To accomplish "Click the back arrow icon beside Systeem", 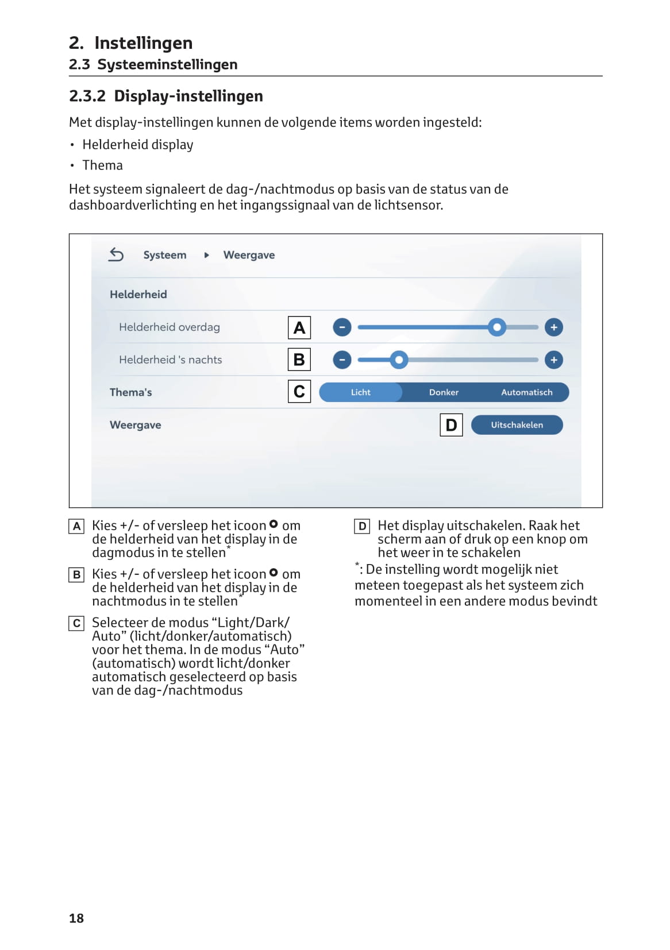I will [x=116, y=254].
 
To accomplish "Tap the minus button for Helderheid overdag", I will [x=342, y=327].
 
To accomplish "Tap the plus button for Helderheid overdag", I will [x=554, y=327].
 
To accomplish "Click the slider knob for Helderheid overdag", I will [x=497, y=327].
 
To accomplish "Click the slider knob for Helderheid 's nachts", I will [x=399, y=360].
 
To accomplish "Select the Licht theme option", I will [x=361, y=392].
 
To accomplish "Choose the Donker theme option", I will [x=444, y=392].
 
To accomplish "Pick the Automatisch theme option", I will [x=526, y=392].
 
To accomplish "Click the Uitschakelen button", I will [x=517, y=425].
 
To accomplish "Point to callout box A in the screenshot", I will [x=299, y=328].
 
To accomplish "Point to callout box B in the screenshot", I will [x=299, y=360].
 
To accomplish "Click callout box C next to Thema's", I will [x=299, y=392].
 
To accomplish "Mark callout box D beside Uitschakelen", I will [x=451, y=425].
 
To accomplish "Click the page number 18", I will [x=76, y=918].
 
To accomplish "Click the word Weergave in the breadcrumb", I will [x=249, y=255].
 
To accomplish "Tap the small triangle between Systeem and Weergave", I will [x=206, y=255].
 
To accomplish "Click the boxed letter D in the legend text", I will [x=362, y=526].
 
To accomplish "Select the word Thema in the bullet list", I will [x=102, y=165].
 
